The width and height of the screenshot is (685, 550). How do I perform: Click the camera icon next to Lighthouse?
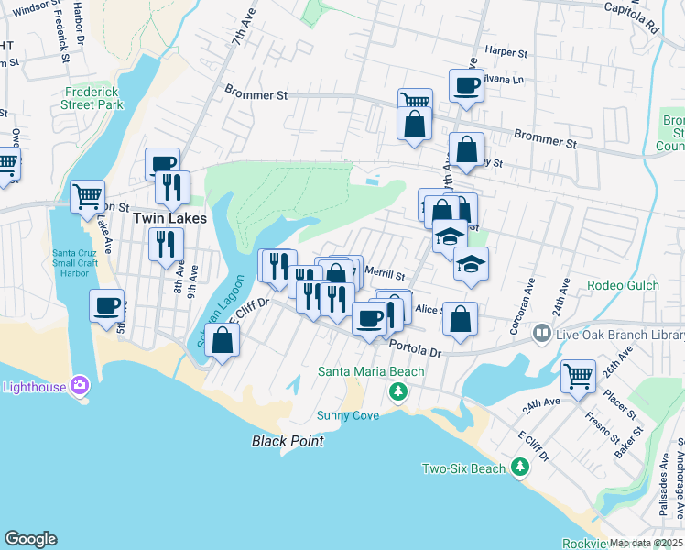click(x=80, y=387)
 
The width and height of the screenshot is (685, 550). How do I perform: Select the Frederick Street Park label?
click(x=93, y=98)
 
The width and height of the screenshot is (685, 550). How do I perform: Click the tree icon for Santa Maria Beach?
click(x=397, y=392)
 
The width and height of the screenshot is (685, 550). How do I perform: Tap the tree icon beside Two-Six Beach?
click(x=520, y=468)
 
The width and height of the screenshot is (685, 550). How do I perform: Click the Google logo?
click(x=30, y=539)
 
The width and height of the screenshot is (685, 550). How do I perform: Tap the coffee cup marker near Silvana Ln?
click(x=466, y=86)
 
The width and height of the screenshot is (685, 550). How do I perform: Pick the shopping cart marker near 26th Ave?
click(x=578, y=375)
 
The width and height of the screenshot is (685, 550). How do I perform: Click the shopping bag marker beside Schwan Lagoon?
click(x=222, y=340)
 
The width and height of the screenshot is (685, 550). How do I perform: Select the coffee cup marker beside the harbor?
click(x=106, y=305)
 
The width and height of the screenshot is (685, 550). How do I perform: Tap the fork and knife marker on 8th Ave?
click(x=166, y=244)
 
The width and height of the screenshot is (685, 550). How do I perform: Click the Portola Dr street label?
click(x=415, y=347)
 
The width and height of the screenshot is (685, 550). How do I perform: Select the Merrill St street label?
click(x=385, y=272)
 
